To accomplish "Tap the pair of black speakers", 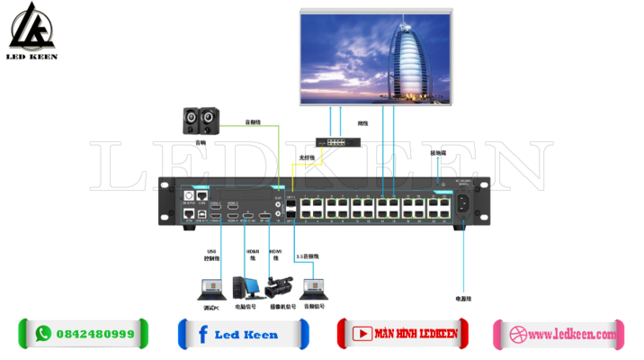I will pos(200,119).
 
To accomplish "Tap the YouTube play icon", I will pos(361,334).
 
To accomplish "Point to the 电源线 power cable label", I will pos(464,297).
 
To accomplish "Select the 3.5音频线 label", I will pos(308,256).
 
